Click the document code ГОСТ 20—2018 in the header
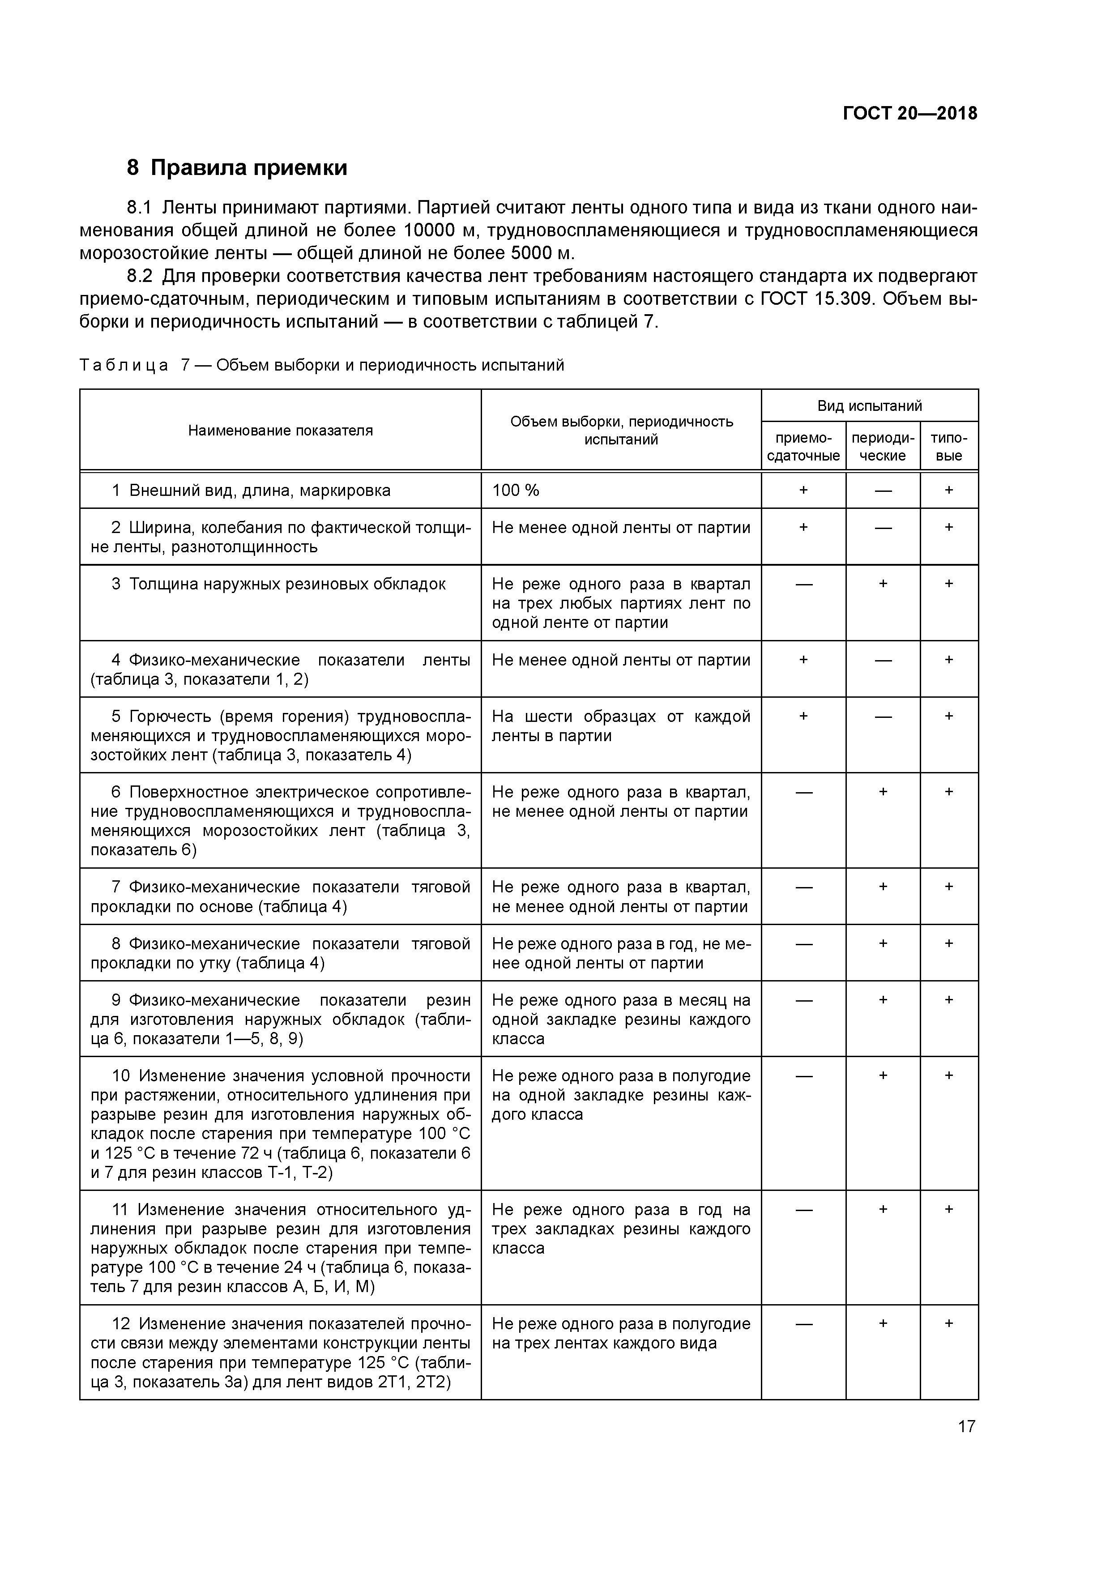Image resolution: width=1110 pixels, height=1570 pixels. point(909,114)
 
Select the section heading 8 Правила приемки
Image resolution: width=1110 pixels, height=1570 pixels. point(237,167)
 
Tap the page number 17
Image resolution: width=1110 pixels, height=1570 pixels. point(966,1426)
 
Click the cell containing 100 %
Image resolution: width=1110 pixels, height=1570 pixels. point(516,490)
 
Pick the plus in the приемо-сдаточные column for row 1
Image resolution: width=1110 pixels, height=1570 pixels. point(803,490)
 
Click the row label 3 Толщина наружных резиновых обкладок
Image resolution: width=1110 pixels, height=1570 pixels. point(278,584)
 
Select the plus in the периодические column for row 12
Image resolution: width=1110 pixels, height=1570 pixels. point(883,1324)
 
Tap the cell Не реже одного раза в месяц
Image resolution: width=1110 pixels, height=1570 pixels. point(621,1019)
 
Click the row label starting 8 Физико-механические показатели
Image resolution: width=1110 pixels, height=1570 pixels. point(280,953)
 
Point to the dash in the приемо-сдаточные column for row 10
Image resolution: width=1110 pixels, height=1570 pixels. point(803,1076)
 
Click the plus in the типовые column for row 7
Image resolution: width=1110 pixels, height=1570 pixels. point(948,887)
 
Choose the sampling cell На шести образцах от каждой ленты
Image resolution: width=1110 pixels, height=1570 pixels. point(621,726)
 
